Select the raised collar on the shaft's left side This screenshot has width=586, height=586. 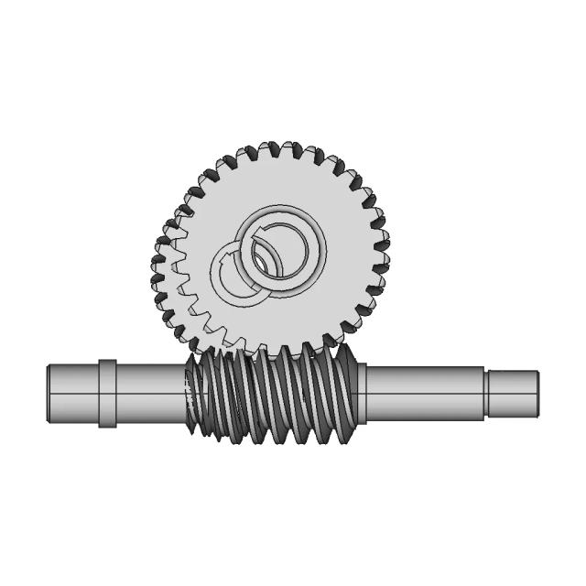107,394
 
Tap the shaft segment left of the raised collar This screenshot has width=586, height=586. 71,395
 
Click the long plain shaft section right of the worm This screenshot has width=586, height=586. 426,394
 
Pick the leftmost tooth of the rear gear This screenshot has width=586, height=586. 156,270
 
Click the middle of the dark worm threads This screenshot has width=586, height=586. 275,394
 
